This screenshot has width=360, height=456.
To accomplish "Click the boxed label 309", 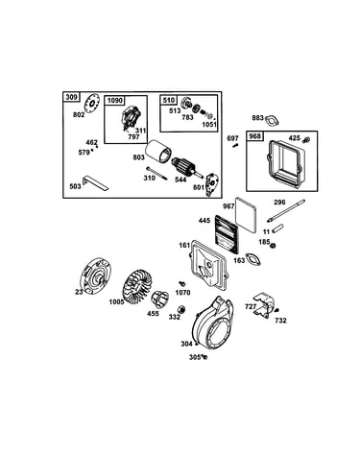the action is [x=71, y=97].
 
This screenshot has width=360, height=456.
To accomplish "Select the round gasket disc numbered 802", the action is [x=92, y=103].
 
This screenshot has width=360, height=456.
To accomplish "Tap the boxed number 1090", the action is [x=114, y=101].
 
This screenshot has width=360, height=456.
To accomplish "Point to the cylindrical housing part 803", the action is [x=158, y=153].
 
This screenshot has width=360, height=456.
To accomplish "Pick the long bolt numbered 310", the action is [x=157, y=174].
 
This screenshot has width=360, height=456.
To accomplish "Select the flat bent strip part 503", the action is [x=95, y=182].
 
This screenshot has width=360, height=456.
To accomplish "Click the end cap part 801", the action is [x=212, y=184].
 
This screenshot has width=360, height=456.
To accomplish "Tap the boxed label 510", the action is [x=169, y=100].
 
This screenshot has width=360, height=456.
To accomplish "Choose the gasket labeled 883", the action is [x=272, y=120].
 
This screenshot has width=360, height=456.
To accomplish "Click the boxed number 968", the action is [x=254, y=136].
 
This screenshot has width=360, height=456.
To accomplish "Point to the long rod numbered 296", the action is [x=286, y=210].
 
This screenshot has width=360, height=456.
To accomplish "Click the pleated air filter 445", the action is [x=227, y=232].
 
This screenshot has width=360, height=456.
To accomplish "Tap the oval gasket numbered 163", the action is [x=253, y=259].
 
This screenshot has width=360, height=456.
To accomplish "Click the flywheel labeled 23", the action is [x=94, y=276].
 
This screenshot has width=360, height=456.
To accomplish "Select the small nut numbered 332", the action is [x=181, y=309].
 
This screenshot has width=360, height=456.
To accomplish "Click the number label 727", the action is [x=251, y=306].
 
